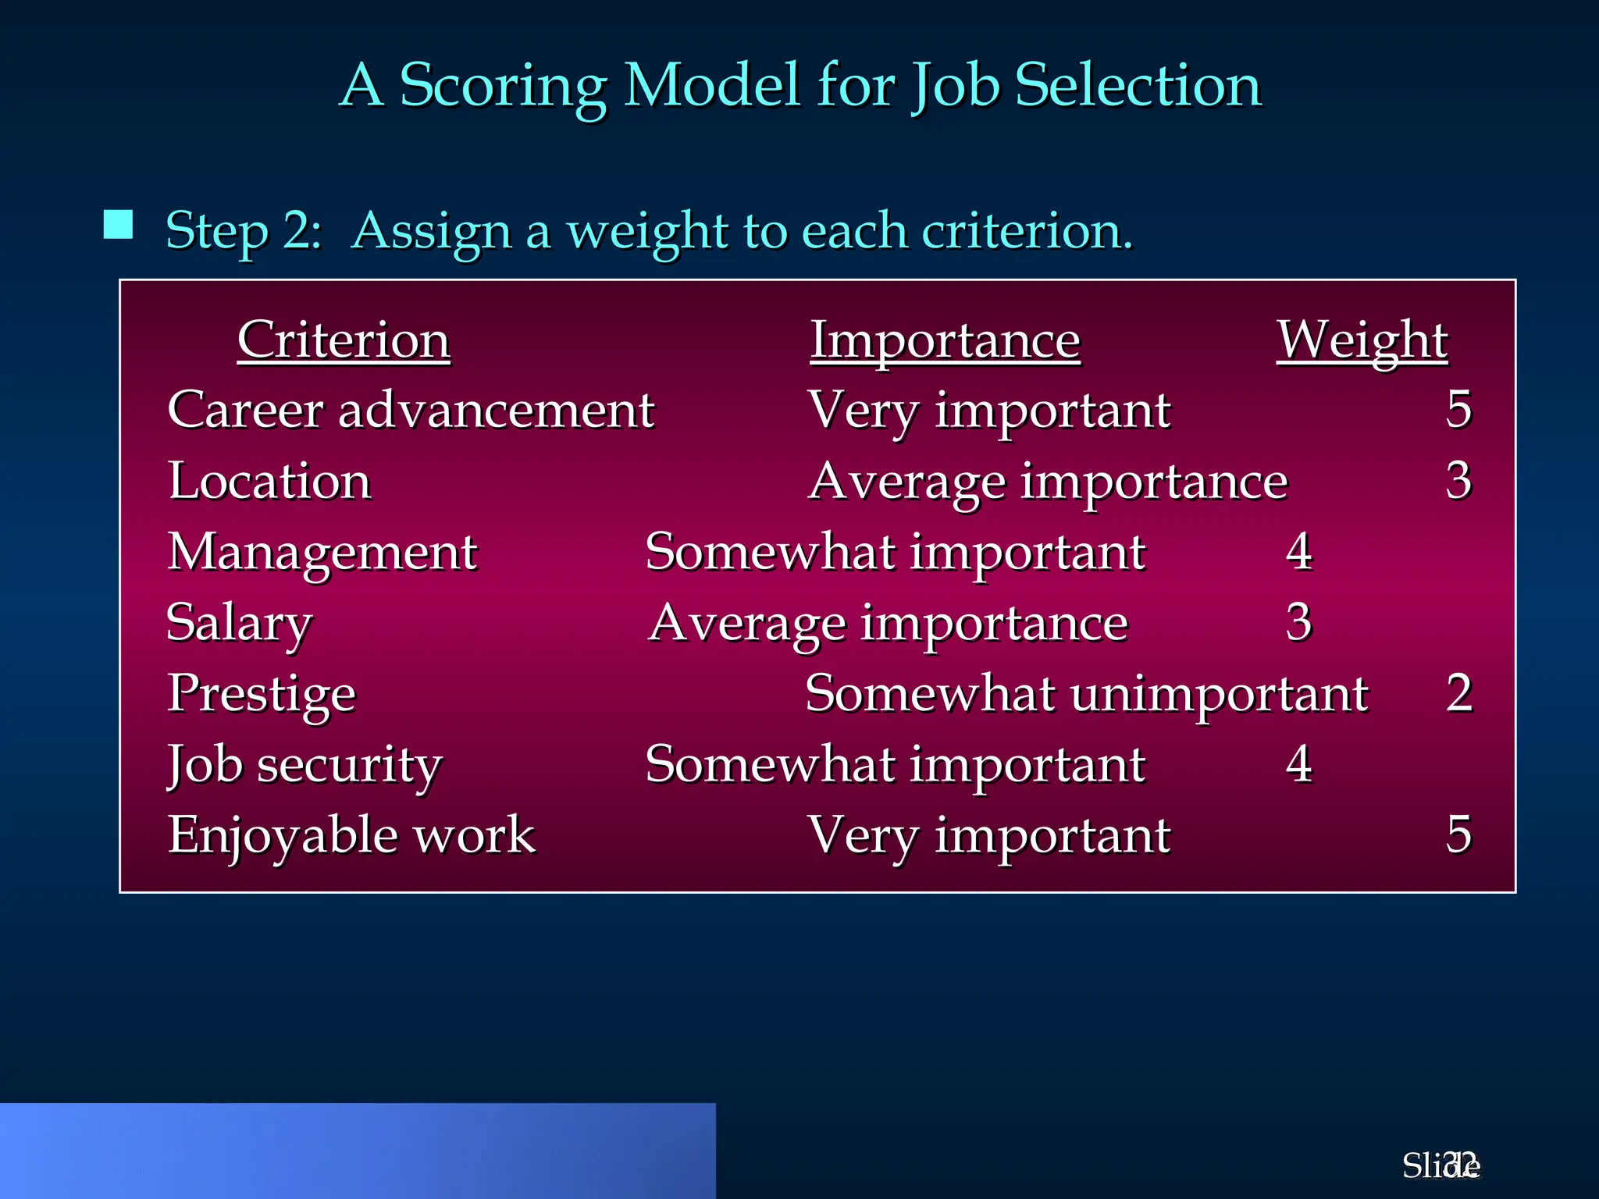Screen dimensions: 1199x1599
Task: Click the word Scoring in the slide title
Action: [503, 86]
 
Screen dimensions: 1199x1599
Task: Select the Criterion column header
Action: [344, 340]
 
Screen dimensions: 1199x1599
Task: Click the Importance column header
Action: [945, 340]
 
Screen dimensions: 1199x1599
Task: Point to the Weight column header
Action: [1362, 340]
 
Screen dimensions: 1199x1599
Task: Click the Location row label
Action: [269, 481]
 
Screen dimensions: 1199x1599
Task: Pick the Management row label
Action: [322, 553]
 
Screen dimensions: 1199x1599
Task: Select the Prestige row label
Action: [262, 694]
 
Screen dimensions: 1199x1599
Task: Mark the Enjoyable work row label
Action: [351, 835]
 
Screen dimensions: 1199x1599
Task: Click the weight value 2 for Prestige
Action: [1458, 693]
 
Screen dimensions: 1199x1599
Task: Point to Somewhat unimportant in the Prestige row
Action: [1086, 694]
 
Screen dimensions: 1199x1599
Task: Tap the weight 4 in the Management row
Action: [1299, 551]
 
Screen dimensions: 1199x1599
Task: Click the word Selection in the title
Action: [1138, 86]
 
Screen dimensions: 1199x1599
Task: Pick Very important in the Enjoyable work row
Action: [989, 835]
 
